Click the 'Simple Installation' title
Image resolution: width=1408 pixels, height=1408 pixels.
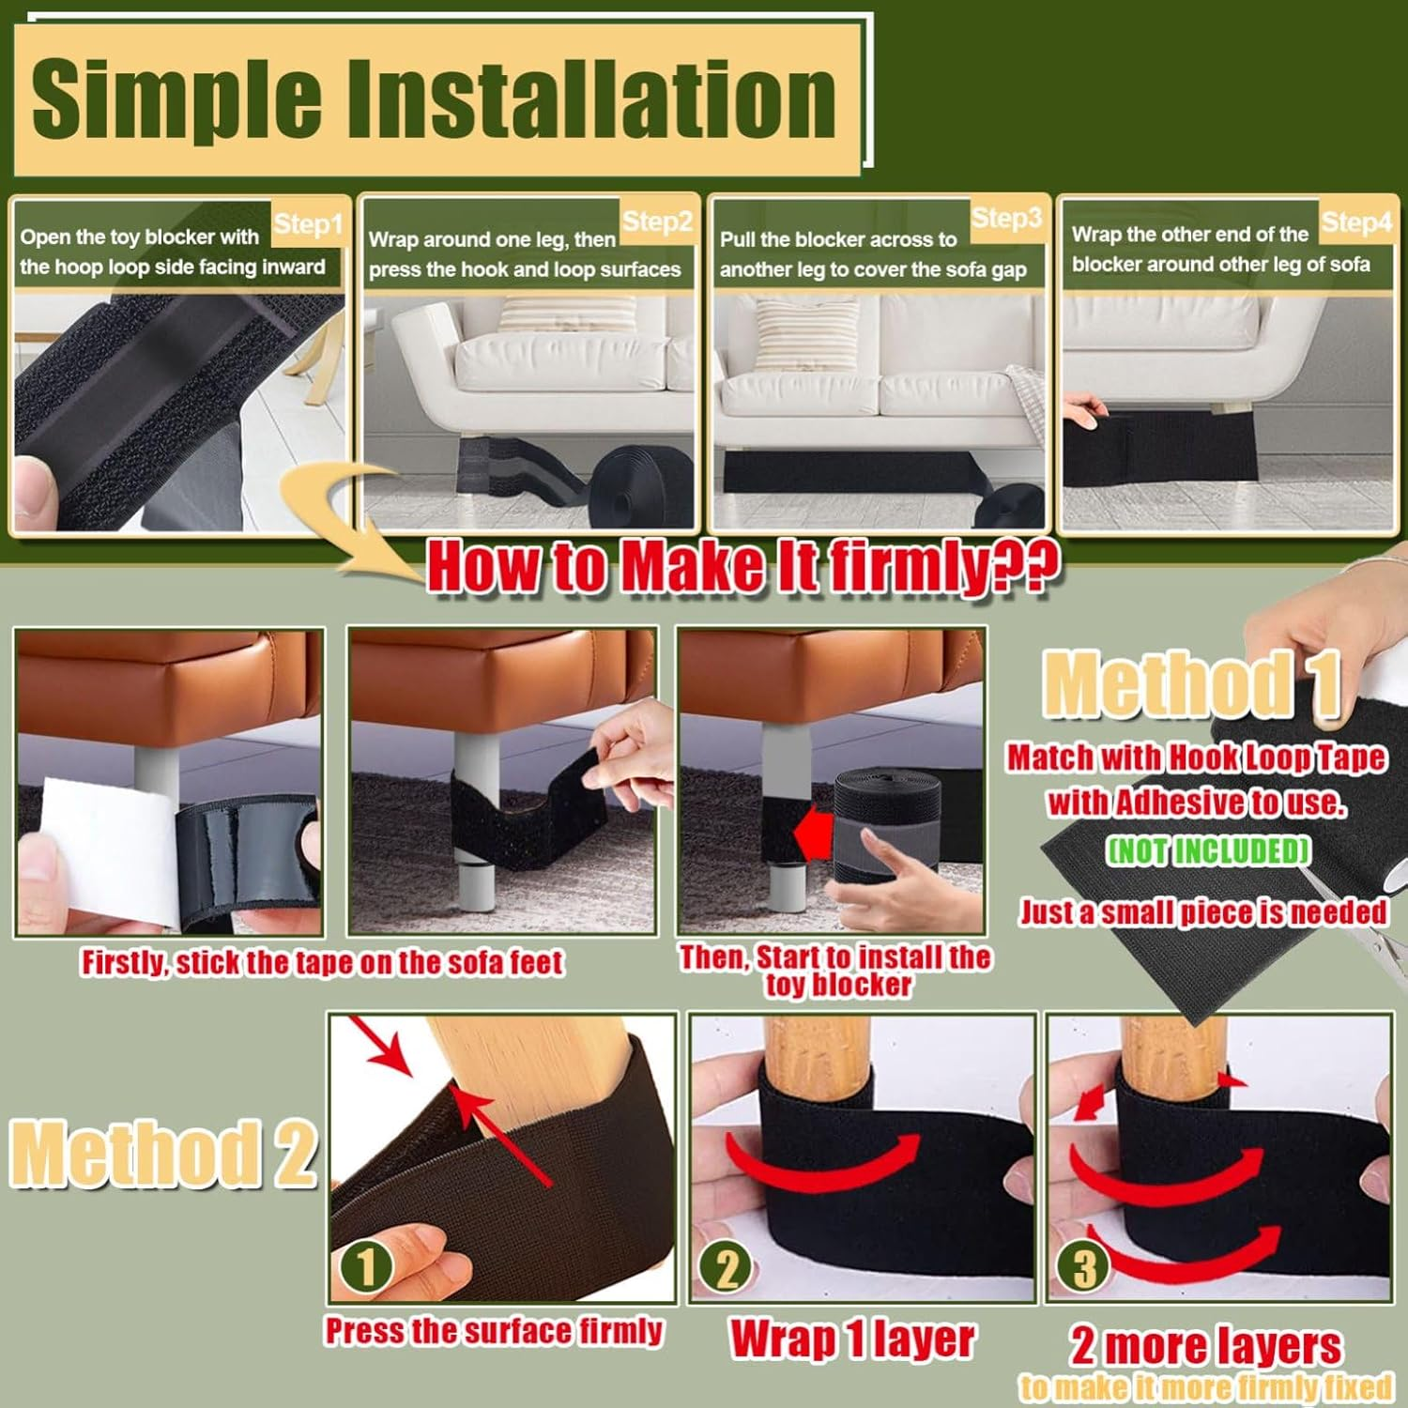pyautogui.click(x=434, y=99)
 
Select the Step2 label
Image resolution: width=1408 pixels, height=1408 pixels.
pyautogui.click(x=657, y=222)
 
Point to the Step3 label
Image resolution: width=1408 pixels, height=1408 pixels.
pyautogui.click(x=1006, y=219)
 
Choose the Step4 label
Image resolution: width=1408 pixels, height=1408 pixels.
pyautogui.click(x=1355, y=222)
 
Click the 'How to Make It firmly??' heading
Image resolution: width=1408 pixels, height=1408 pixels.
pyautogui.click(x=742, y=566)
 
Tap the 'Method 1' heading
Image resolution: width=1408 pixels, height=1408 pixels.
pyautogui.click(x=1190, y=683)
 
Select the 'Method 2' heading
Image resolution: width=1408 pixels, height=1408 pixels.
pyautogui.click(x=162, y=1153)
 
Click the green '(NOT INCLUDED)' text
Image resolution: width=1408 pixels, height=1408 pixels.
pyautogui.click(x=1208, y=850)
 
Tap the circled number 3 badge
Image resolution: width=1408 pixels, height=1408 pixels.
pyautogui.click(x=1084, y=1268)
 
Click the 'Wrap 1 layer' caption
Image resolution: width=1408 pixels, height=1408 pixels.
pyautogui.click(x=852, y=1339)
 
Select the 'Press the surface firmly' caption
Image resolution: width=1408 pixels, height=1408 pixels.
pyautogui.click(x=494, y=1331)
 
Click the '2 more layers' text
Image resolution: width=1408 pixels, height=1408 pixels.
pyautogui.click(x=1206, y=1346)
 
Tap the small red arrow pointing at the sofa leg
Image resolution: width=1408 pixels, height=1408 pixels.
pyautogui.click(x=813, y=834)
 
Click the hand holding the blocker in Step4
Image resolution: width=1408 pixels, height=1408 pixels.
pyautogui.click(x=1087, y=410)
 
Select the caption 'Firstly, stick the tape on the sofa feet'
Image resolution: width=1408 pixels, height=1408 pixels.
pyautogui.click(x=322, y=962)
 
